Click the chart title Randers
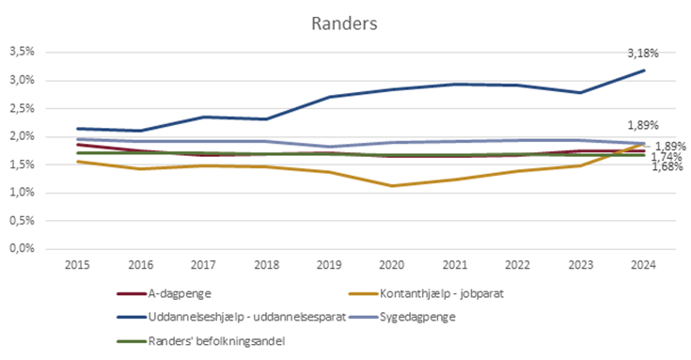point(345,22)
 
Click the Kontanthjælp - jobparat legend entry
point(424,293)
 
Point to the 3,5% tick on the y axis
point(23,52)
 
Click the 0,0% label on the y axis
point(23,249)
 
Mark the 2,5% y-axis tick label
point(23,108)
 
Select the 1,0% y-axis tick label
point(23,193)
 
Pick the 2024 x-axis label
point(643,265)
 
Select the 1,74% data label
point(667,157)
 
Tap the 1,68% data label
point(667,167)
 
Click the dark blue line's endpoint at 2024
point(644,70)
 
